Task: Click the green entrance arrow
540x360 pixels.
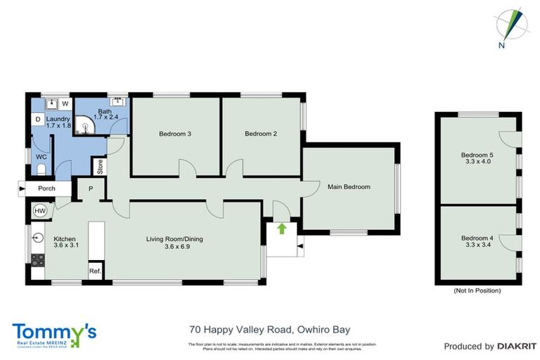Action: point(282,228)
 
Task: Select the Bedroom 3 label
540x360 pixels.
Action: point(175,134)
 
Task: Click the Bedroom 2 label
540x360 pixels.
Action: point(261,134)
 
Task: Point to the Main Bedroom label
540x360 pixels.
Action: point(349,186)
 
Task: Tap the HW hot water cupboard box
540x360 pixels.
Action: point(39,210)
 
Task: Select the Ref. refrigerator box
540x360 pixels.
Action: point(94,271)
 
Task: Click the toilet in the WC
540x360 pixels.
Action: point(41,169)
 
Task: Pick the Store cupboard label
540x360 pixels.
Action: point(101,167)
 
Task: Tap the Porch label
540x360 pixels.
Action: point(46,188)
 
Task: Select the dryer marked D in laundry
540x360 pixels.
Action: point(37,120)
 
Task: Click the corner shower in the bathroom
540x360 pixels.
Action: point(86,127)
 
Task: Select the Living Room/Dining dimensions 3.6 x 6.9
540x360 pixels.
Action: point(174,247)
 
